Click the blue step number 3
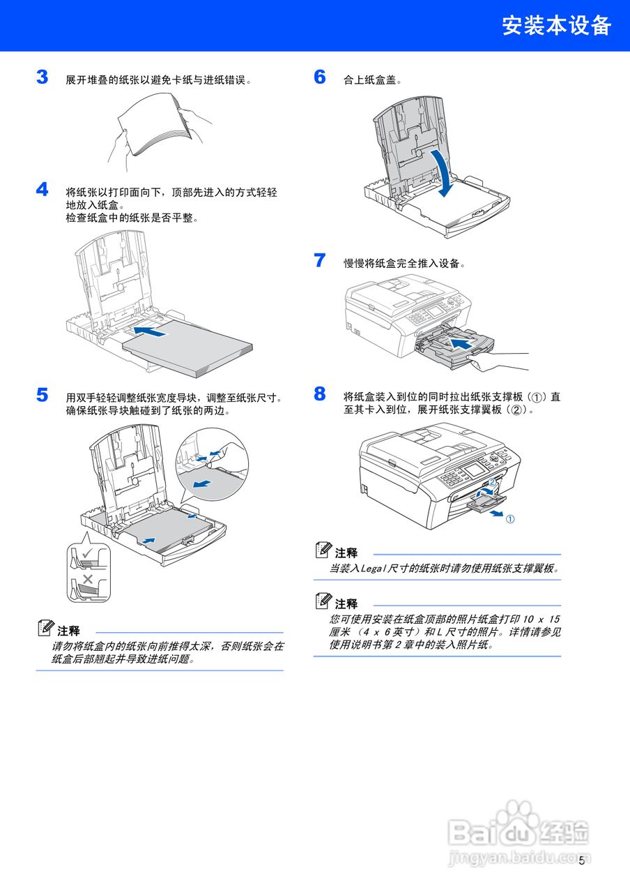[x=43, y=77]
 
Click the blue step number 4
[x=43, y=190]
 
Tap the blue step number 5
[x=43, y=396]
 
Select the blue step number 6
[x=320, y=77]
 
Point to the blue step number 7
[x=320, y=261]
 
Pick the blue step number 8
[x=320, y=394]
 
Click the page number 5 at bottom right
[x=581, y=860]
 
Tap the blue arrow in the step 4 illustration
[x=151, y=331]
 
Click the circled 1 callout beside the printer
[x=510, y=519]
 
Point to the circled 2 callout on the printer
[x=491, y=482]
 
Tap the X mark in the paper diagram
[x=88, y=580]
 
